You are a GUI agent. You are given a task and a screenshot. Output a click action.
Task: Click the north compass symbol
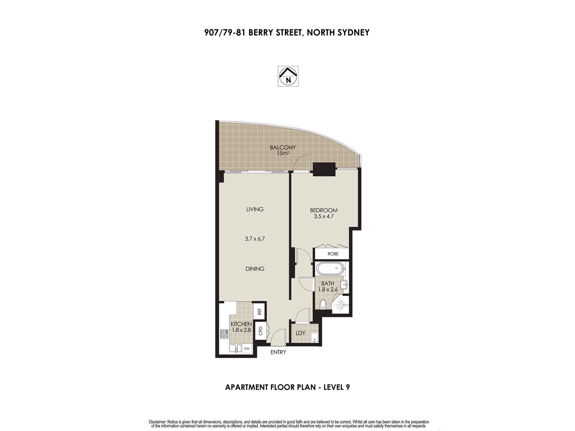[x=288, y=76]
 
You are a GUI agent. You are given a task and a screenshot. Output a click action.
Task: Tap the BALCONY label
[x=283, y=147]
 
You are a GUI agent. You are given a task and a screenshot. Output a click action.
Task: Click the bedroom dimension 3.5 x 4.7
[x=324, y=217]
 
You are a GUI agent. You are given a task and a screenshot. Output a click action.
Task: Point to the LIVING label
[x=255, y=209]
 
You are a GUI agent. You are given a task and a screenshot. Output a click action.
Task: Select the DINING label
[x=255, y=269]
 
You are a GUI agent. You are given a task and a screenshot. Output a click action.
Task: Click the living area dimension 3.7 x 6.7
[x=255, y=238]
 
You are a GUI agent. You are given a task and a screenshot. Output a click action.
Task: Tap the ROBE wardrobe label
[x=333, y=254]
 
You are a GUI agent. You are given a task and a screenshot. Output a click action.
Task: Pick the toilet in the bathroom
[x=323, y=304]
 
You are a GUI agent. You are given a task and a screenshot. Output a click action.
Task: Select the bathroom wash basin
[x=344, y=285]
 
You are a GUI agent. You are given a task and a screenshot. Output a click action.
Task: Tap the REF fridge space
[x=259, y=311]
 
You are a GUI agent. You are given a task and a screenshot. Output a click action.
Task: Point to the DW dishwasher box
[x=247, y=349]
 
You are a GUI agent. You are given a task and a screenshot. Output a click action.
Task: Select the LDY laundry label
[x=300, y=333]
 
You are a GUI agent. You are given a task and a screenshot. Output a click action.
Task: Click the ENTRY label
[x=278, y=352]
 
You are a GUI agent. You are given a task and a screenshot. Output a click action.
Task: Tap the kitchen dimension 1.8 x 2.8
[x=241, y=330]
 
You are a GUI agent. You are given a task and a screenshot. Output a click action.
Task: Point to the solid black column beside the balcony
[x=324, y=169]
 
